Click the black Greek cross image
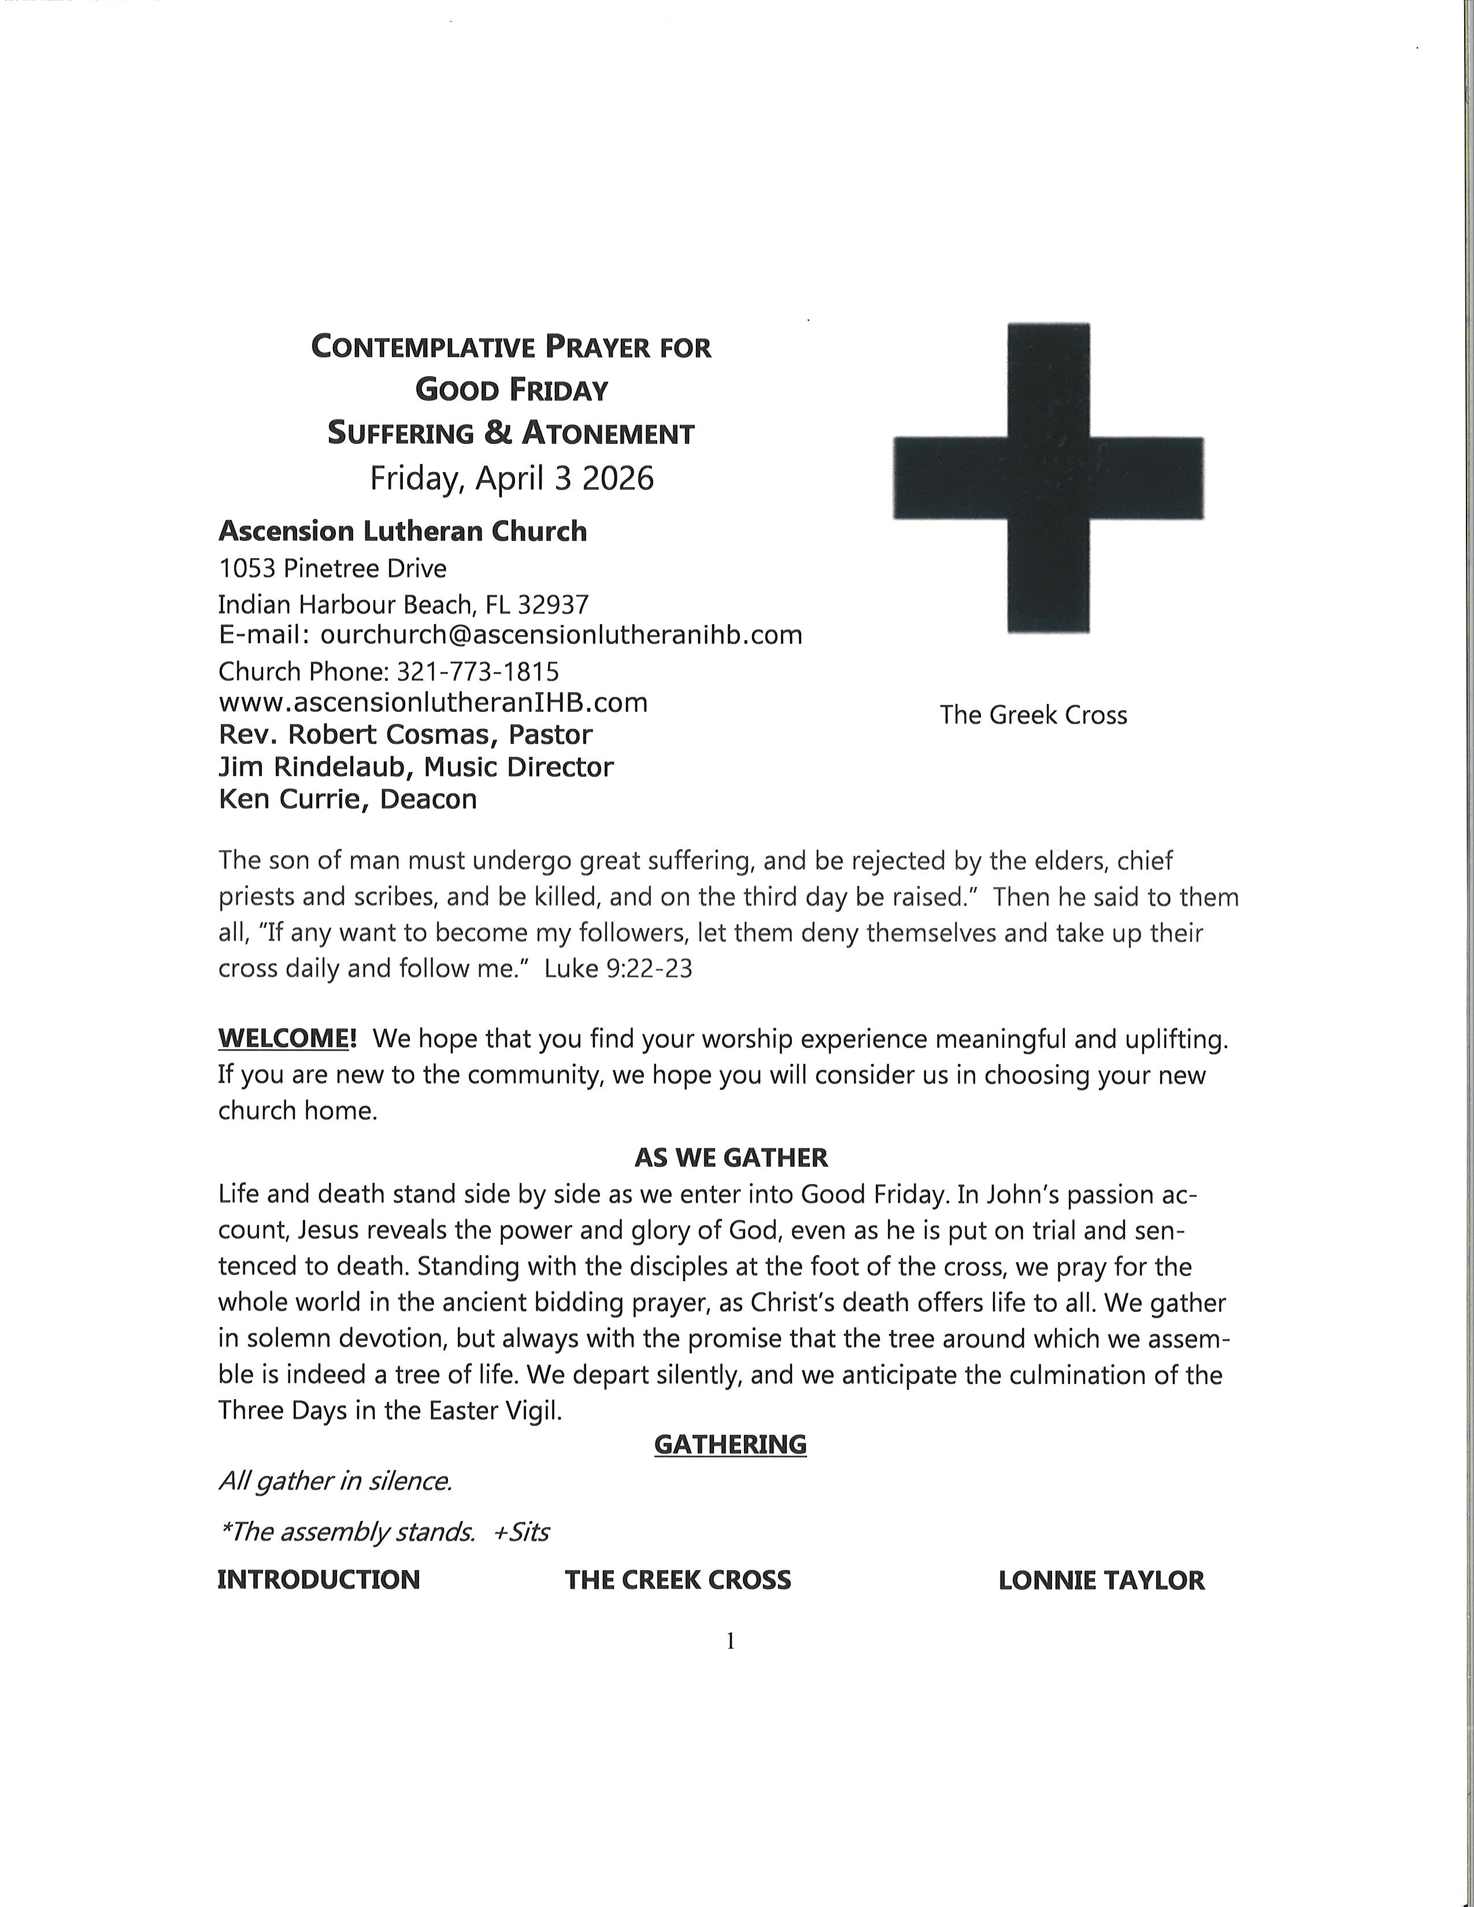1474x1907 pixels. pos(1048,478)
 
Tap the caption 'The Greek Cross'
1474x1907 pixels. pos(1033,715)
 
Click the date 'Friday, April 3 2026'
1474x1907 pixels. pos(512,478)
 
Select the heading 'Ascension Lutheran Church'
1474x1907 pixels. pos(402,531)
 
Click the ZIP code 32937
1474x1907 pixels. pos(554,604)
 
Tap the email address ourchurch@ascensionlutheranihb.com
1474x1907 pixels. pos(561,635)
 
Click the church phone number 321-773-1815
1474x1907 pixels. pos(477,671)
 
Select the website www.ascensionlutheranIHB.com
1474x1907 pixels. pos(433,702)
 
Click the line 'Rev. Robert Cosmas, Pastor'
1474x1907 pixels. pos(405,734)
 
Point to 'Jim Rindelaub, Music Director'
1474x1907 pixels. pos(416,767)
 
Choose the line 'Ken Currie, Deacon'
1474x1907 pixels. pos(347,799)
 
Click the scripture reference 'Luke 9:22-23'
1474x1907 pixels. pos(619,969)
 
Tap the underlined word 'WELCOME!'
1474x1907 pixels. pos(287,1038)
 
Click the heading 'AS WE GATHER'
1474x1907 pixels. pos(731,1158)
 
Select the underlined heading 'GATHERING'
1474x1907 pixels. pos(730,1444)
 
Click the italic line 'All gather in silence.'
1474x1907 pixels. pos(335,1481)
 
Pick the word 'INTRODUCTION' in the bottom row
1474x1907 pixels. pos(318,1579)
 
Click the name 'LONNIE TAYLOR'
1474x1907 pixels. pos(1101,1579)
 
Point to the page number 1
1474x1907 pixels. pos(731,1642)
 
